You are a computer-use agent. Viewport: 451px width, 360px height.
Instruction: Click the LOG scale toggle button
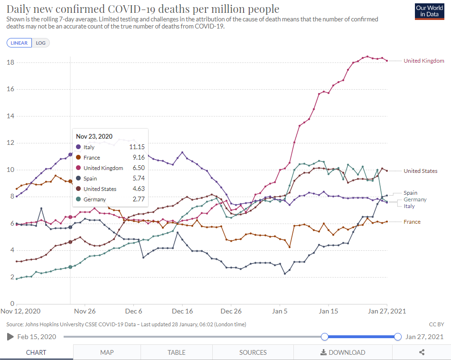(41, 43)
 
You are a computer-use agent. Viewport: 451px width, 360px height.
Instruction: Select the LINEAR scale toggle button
(19, 43)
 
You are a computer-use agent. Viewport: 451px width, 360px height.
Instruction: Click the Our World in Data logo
(430, 11)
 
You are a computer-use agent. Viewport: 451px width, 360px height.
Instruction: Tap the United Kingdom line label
(423, 61)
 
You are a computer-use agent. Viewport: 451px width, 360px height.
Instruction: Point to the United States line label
(421, 171)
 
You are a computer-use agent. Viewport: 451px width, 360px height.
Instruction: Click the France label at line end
(412, 222)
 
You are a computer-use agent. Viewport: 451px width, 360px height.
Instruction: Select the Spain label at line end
(410, 193)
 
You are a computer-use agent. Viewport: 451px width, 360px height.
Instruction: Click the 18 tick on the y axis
(10, 63)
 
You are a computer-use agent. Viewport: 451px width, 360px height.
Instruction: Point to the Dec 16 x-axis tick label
(182, 312)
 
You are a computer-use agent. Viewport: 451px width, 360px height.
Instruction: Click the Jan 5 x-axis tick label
(280, 312)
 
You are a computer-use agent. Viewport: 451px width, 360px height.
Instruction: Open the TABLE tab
(177, 352)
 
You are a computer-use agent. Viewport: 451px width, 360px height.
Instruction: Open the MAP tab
(107, 352)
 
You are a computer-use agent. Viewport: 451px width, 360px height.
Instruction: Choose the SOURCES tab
(253, 352)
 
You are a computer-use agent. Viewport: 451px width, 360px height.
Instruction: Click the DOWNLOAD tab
(343, 352)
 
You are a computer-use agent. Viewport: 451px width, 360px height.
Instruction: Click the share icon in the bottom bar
(422, 352)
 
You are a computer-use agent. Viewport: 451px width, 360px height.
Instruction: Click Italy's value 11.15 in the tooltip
(137, 147)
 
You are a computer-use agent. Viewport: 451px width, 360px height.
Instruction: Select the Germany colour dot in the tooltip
(78, 199)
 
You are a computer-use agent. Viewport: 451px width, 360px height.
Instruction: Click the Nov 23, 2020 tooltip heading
(94, 136)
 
